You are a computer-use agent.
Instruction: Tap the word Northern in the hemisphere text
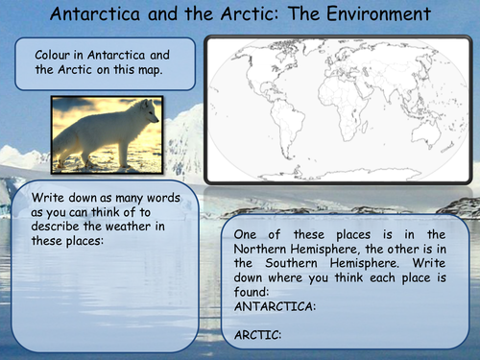tap(271, 249)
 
